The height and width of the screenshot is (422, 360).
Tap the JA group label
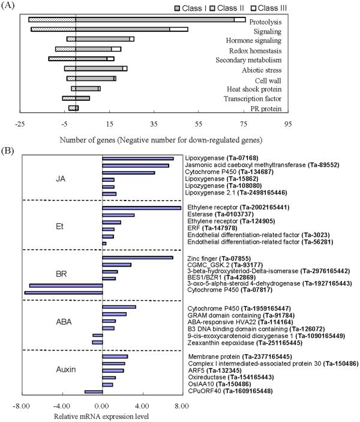(x=61, y=178)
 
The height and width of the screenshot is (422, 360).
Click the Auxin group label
(x=63, y=369)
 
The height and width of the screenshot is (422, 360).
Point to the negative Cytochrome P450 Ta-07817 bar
(x=63, y=293)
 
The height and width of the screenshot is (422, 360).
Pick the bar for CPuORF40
(x=94, y=392)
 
